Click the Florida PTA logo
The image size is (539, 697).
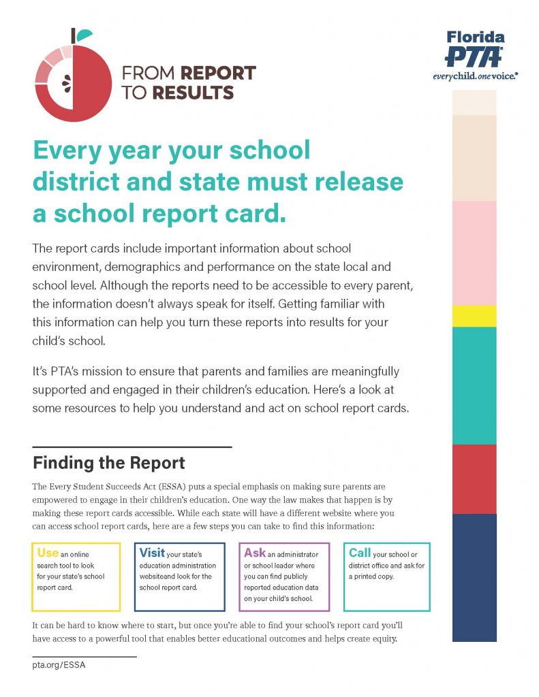(475, 54)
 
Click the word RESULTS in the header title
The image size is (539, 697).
(193, 93)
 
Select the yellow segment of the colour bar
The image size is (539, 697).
(474, 316)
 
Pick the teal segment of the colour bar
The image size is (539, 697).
(474, 385)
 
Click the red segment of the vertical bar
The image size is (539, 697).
(474, 479)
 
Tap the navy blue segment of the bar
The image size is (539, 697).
(474, 577)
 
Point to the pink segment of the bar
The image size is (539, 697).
(474, 253)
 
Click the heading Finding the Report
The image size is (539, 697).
(109, 464)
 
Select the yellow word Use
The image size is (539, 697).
(48, 553)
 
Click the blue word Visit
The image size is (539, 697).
(153, 553)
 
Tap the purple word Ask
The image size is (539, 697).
(255, 553)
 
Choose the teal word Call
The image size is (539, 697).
(360, 553)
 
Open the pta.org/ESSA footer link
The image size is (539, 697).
(59, 665)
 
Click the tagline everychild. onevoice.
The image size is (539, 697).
(475, 76)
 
